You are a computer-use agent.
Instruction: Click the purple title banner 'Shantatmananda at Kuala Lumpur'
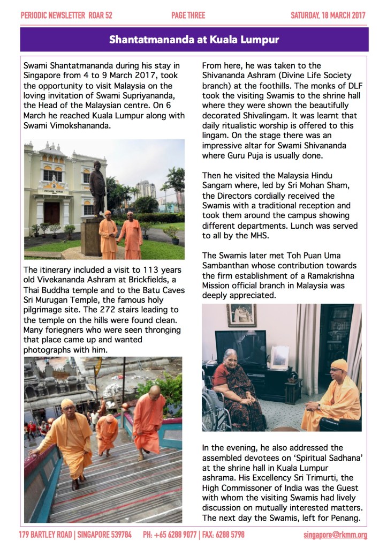coord(194,40)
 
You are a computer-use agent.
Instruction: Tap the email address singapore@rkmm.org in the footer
coord(335,535)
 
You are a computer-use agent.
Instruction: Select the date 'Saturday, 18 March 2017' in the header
coord(328,15)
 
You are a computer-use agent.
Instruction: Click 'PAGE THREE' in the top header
coord(188,15)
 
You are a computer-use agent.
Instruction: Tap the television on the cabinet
coord(240,347)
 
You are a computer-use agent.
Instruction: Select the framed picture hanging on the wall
coord(241,314)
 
